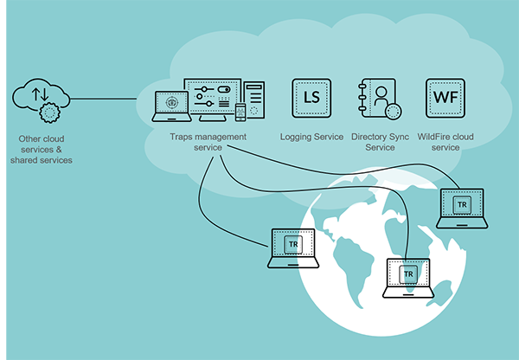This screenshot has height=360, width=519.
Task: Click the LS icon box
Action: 309,99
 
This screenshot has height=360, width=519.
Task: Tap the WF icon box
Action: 446,99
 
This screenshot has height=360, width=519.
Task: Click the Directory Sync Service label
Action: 380,142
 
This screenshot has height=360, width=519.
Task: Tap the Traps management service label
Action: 208,142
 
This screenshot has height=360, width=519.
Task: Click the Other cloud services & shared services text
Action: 42,149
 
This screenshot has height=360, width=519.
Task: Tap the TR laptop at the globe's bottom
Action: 409,277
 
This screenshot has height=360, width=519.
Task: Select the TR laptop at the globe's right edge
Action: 462,208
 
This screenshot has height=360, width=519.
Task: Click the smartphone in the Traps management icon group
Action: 240,113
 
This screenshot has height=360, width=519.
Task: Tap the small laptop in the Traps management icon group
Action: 171,106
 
